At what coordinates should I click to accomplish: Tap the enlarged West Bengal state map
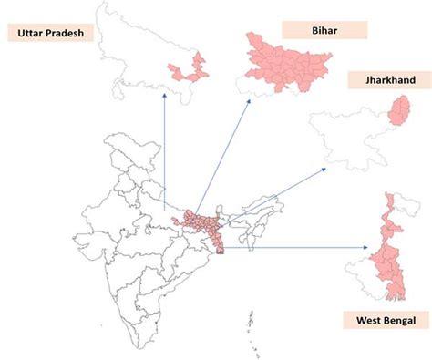[395, 246]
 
